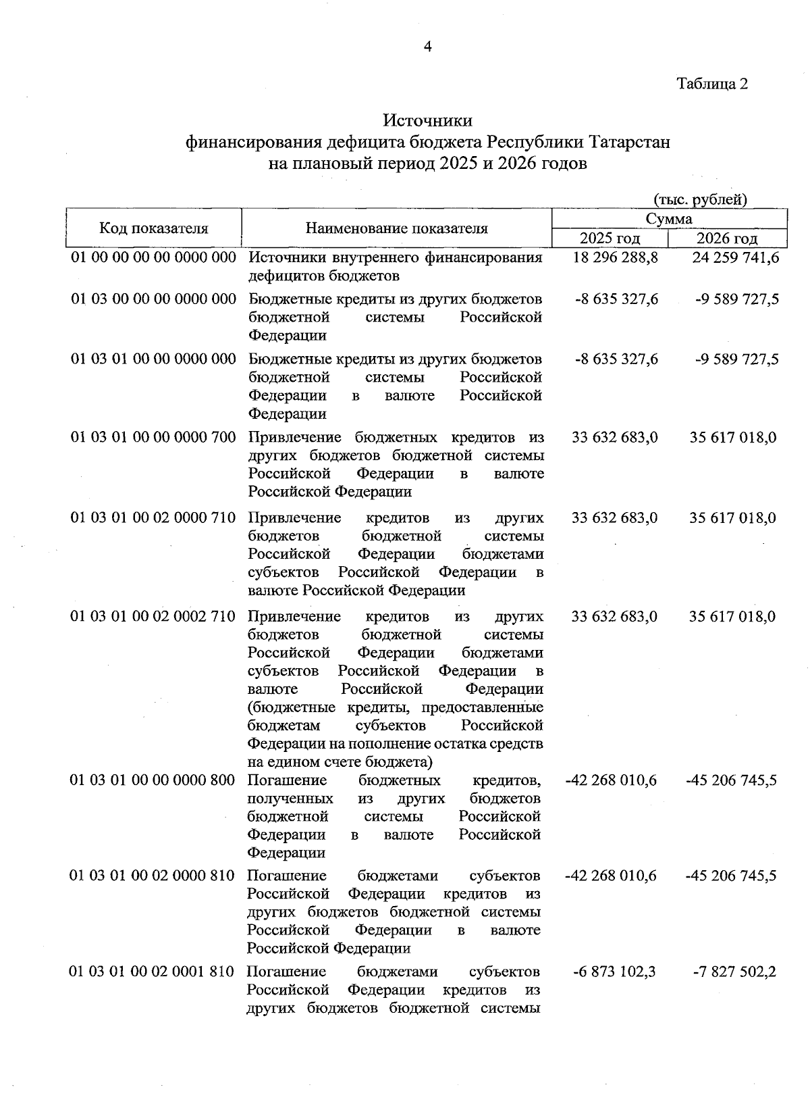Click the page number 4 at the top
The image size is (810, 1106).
pyautogui.click(x=427, y=46)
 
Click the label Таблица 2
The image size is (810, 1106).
pyautogui.click(x=712, y=84)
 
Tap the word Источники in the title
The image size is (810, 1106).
pyautogui.click(x=427, y=120)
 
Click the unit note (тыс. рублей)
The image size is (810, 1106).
pyautogui.click(x=700, y=199)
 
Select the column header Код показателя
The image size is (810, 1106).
pyautogui.click(x=154, y=228)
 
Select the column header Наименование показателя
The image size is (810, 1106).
pyautogui.click(x=396, y=228)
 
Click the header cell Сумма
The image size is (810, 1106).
pyautogui.click(x=669, y=218)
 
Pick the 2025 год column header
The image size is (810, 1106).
pyautogui.click(x=610, y=238)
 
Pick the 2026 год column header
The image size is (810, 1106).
pyautogui.click(x=726, y=238)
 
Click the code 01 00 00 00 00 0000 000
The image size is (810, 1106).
pyautogui.click(x=154, y=257)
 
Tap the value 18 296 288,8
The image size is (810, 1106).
pyautogui.click(x=615, y=257)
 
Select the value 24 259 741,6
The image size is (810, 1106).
pyautogui.click(x=736, y=257)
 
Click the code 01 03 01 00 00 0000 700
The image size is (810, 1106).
pyautogui.click(x=154, y=438)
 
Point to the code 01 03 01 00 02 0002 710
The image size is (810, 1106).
pyautogui.click(x=154, y=616)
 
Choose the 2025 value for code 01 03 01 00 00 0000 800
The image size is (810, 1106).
pyautogui.click(x=611, y=780)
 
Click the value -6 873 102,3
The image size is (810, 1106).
pyautogui.click(x=614, y=972)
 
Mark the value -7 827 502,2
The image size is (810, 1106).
pyautogui.click(x=735, y=972)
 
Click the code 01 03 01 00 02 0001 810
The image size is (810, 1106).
pyautogui.click(x=153, y=972)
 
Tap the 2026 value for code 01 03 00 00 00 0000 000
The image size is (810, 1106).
pyautogui.click(x=737, y=299)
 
